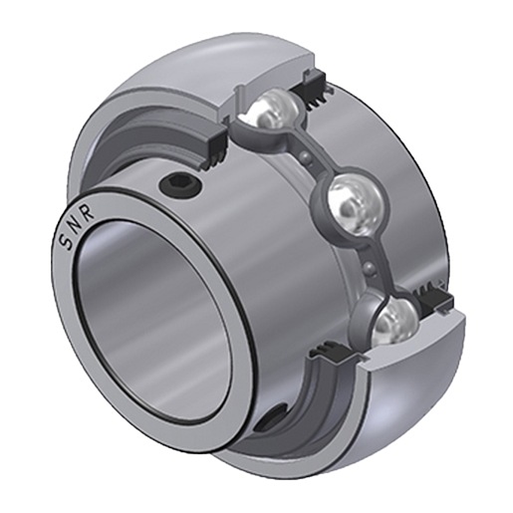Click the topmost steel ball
pos(275,107)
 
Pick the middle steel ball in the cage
pos(355,207)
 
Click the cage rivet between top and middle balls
pos(306,158)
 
